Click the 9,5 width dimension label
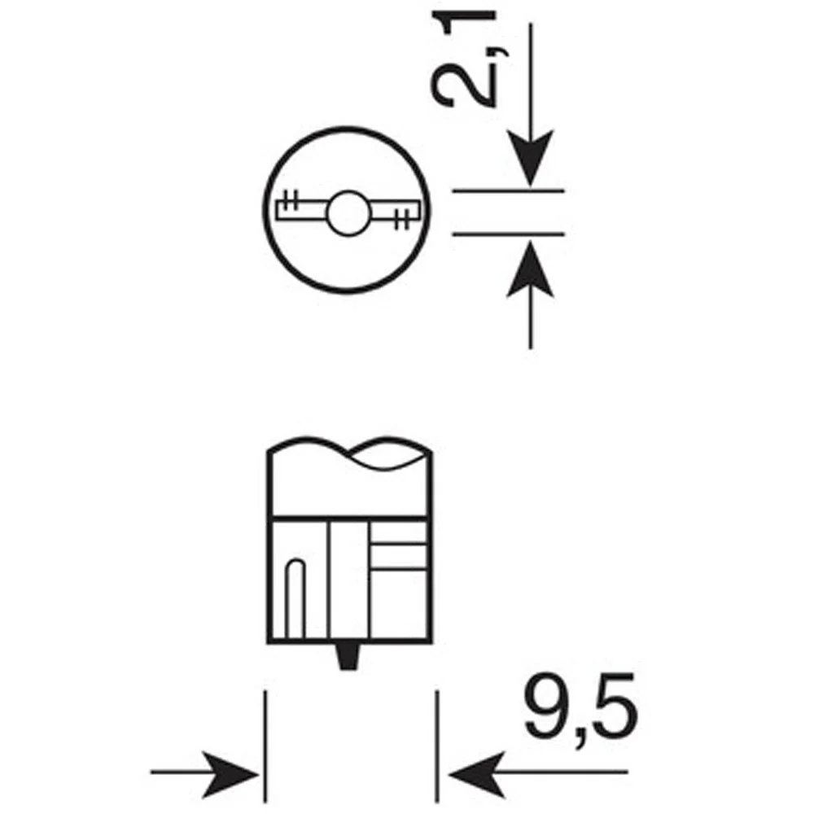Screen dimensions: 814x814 580,711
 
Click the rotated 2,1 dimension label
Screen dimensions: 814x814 464,59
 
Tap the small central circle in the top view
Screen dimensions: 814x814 348,212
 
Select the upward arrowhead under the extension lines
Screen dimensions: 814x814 530,269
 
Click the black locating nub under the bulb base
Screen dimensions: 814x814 348,656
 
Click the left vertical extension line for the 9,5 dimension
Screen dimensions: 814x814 265,746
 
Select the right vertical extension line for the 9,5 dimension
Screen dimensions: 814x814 437,746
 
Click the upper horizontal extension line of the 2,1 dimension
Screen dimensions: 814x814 508,191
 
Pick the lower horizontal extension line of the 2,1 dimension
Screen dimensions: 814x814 508,234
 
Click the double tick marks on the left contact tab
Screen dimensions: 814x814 291,200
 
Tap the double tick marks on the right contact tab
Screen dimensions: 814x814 403,218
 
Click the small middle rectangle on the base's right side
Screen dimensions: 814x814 399,556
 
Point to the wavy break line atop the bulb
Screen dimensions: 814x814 349,452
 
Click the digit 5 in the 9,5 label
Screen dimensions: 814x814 615,706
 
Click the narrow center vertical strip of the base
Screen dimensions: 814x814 349,580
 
